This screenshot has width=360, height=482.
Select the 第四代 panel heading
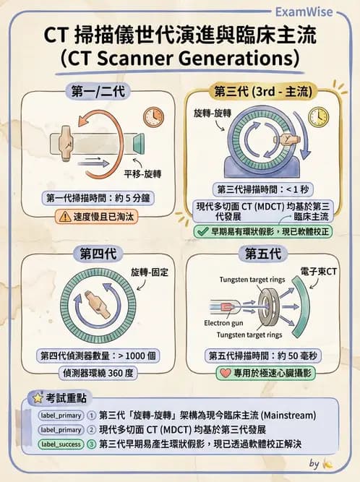(x=96, y=253)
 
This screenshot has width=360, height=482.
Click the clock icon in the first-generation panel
(x=153, y=117)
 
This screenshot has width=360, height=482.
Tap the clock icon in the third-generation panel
(x=317, y=116)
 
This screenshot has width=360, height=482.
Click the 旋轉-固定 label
(x=147, y=272)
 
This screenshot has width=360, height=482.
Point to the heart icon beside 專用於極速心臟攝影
(x=226, y=374)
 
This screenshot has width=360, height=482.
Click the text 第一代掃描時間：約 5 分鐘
(x=96, y=198)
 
